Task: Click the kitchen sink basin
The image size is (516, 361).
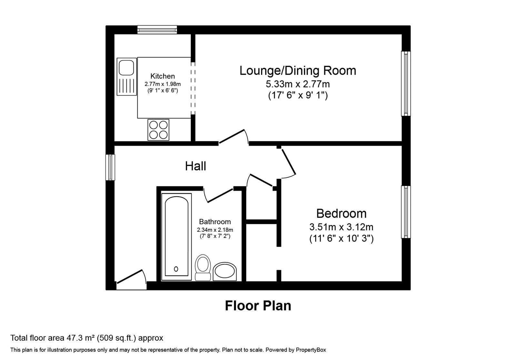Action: pyautogui.click(x=126, y=67)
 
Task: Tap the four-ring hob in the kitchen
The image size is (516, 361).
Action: pyautogui.click(x=158, y=130)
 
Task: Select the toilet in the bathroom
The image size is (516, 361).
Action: pyautogui.click(x=203, y=268)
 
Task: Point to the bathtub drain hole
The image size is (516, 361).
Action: pyautogui.click(x=176, y=269)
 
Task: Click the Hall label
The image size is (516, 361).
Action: pyautogui.click(x=195, y=166)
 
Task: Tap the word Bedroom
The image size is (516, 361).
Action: pyautogui.click(x=341, y=213)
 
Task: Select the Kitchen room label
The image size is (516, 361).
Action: pyautogui.click(x=163, y=76)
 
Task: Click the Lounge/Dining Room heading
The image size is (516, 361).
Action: pyautogui.click(x=298, y=71)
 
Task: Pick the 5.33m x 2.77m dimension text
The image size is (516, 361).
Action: pyautogui.click(x=298, y=84)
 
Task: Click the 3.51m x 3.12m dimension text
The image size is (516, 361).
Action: pyautogui.click(x=341, y=227)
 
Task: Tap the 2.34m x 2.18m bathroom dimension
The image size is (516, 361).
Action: pyautogui.click(x=215, y=230)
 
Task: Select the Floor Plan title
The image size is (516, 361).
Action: pyautogui.click(x=258, y=306)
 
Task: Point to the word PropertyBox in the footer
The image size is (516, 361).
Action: pyautogui.click(x=311, y=350)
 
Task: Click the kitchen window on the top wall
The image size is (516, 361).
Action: pyautogui.click(x=157, y=30)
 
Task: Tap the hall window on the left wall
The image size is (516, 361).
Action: pyautogui.click(x=110, y=167)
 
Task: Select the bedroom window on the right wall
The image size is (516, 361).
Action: pyautogui.click(x=406, y=212)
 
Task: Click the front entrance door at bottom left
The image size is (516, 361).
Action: pyautogui.click(x=132, y=280)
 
